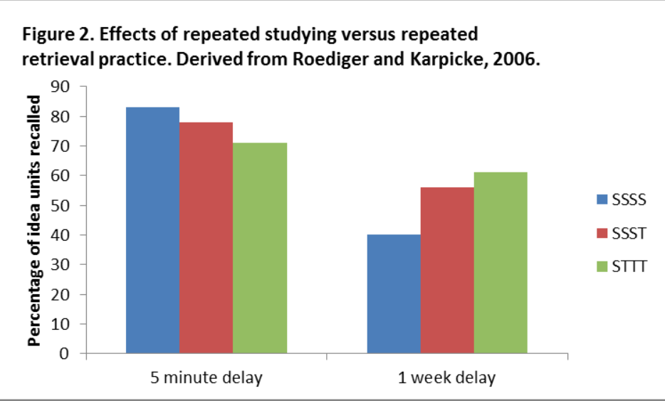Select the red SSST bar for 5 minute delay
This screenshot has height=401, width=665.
pyautogui.click(x=206, y=238)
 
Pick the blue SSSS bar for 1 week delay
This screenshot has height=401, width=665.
pyautogui.click(x=394, y=294)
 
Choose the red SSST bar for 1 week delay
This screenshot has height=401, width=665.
pyautogui.click(x=447, y=271)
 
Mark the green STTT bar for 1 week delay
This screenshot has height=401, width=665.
pyautogui.click(x=501, y=263)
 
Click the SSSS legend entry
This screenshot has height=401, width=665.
pyautogui.click(x=621, y=199)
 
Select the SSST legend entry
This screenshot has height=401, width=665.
pyautogui.click(x=621, y=232)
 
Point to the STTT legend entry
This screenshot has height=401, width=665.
pyautogui.click(x=621, y=266)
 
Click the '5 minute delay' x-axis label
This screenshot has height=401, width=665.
pyautogui.click(x=206, y=377)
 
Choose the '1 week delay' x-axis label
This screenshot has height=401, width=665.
pyautogui.click(x=446, y=377)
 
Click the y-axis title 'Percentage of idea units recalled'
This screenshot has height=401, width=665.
pyautogui.click(x=34, y=220)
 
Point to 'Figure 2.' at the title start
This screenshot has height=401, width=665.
pyautogui.click(x=53, y=35)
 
